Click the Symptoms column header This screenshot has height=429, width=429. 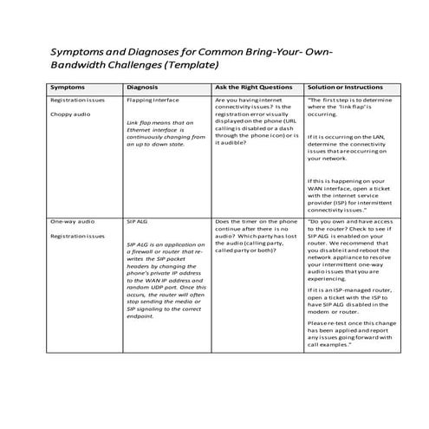[x=68, y=88]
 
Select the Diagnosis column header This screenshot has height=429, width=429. [x=142, y=88]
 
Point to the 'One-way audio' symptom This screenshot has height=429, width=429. [x=74, y=222]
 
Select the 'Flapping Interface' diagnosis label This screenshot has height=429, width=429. [x=153, y=101]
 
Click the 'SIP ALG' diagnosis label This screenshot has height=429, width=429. [x=137, y=222]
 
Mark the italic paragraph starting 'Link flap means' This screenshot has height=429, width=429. [x=166, y=139]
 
